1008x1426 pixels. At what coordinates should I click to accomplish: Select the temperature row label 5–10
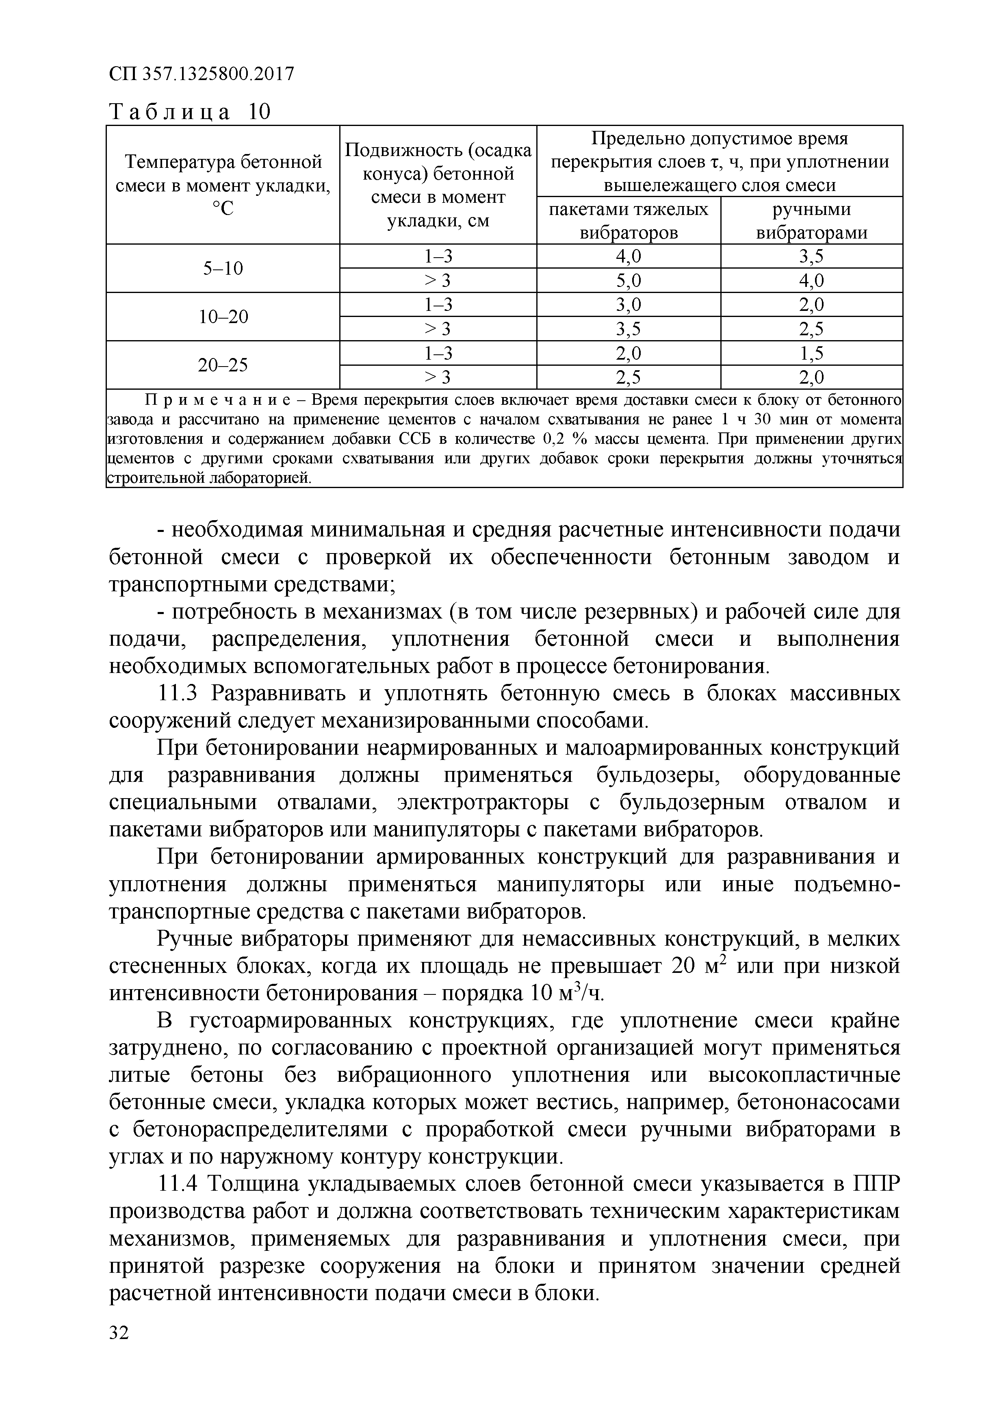pos(223,268)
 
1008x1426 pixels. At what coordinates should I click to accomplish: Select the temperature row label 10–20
pos(223,317)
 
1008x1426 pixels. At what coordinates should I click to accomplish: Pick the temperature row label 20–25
pos(223,365)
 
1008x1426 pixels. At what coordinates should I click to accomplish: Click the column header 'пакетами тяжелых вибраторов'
pos(629,221)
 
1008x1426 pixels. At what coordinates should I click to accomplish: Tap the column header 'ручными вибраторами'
pos(811,221)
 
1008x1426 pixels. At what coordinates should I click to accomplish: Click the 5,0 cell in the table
pos(629,281)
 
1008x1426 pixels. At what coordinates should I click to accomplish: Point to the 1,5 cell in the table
pos(811,354)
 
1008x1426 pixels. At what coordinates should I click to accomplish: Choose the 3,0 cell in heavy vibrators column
pos(629,305)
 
